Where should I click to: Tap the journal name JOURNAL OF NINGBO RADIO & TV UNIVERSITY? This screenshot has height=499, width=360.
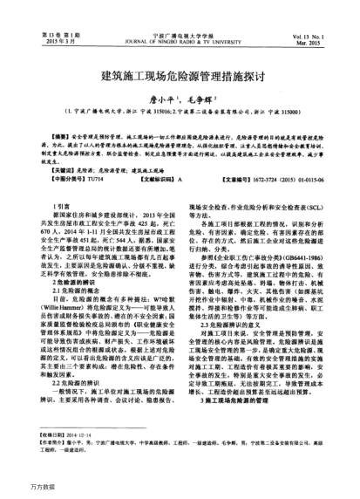click(x=180, y=17)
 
